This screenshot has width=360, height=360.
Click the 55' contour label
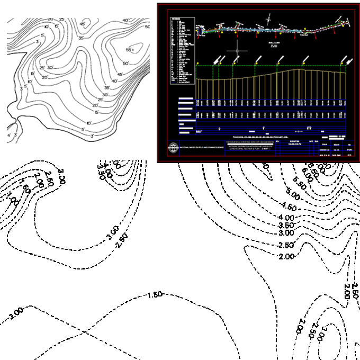129,49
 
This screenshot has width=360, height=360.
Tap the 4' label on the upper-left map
9,136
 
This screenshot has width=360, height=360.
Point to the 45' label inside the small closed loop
83,24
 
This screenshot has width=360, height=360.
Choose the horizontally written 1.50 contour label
157,294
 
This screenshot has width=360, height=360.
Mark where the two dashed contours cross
85,332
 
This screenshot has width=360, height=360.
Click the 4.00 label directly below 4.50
286,218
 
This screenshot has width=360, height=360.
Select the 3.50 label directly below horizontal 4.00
286,226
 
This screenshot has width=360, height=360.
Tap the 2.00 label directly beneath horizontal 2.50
286,256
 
